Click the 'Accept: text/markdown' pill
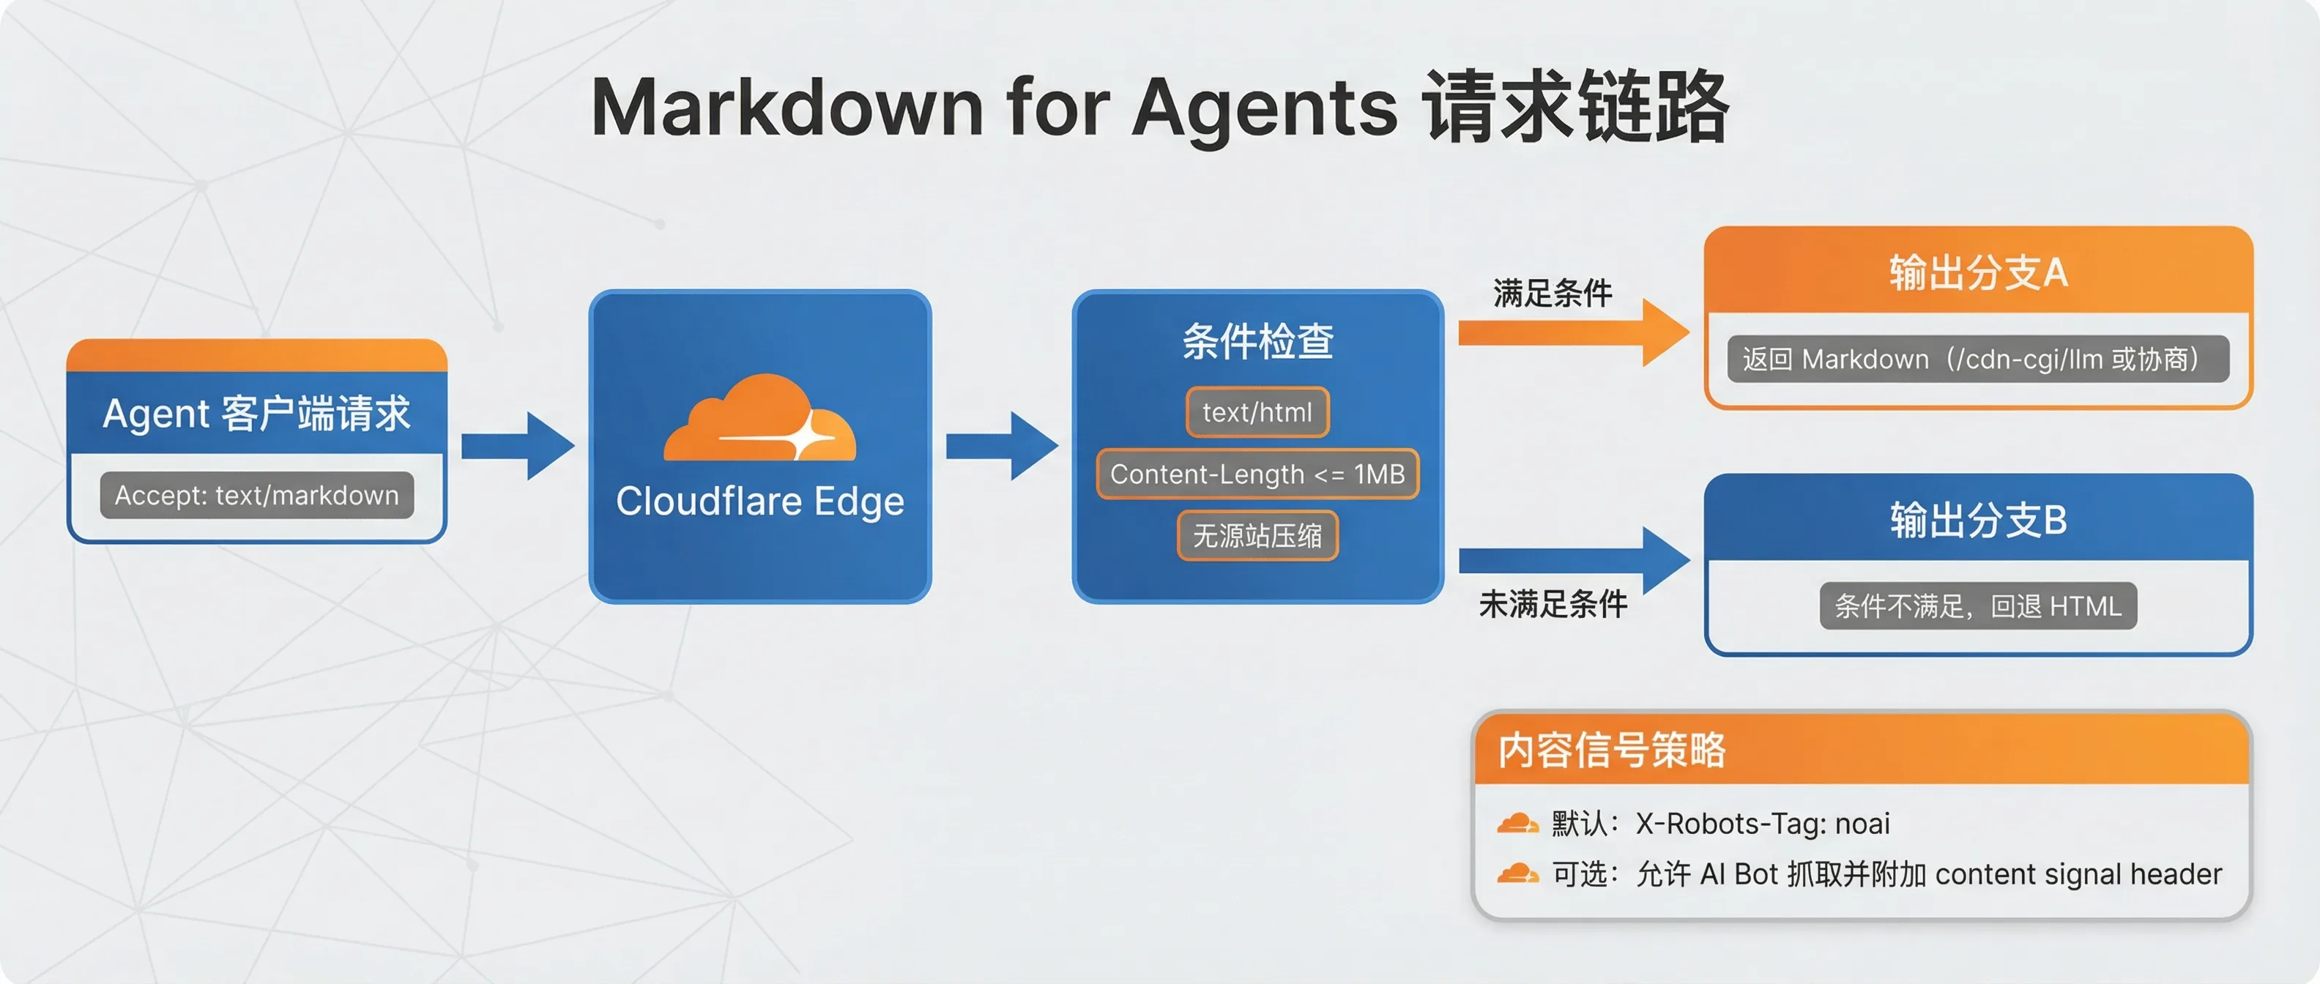pyautogui.click(x=256, y=495)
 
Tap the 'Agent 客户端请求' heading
pyautogui.click(x=256, y=413)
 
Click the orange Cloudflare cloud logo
pyautogui.click(x=759, y=420)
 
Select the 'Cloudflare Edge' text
pyautogui.click(x=759, y=502)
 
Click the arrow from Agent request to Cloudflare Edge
pyautogui.click(x=518, y=446)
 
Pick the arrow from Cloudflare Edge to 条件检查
pyautogui.click(x=1002, y=446)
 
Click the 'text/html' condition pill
pyautogui.click(x=1257, y=412)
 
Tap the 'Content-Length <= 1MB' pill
pyautogui.click(x=1257, y=474)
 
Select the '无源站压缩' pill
pyautogui.click(x=1257, y=536)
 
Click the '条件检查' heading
pyautogui.click(x=1257, y=342)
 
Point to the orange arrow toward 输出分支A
pyautogui.click(x=1572, y=333)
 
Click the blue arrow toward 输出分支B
pyautogui.click(x=1572, y=560)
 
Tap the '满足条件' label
pyautogui.click(x=1553, y=294)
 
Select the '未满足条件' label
pyautogui.click(x=1553, y=604)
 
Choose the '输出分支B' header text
pyautogui.click(x=1978, y=521)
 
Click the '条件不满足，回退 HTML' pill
pyautogui.click(x=1978, y=606)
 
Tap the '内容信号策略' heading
pyautogui.click(x=1611, y=750)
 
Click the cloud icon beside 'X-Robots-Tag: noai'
pyautogui.click(x=1517, y=823)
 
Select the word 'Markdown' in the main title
pyautogui.click(x=787, y=108)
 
